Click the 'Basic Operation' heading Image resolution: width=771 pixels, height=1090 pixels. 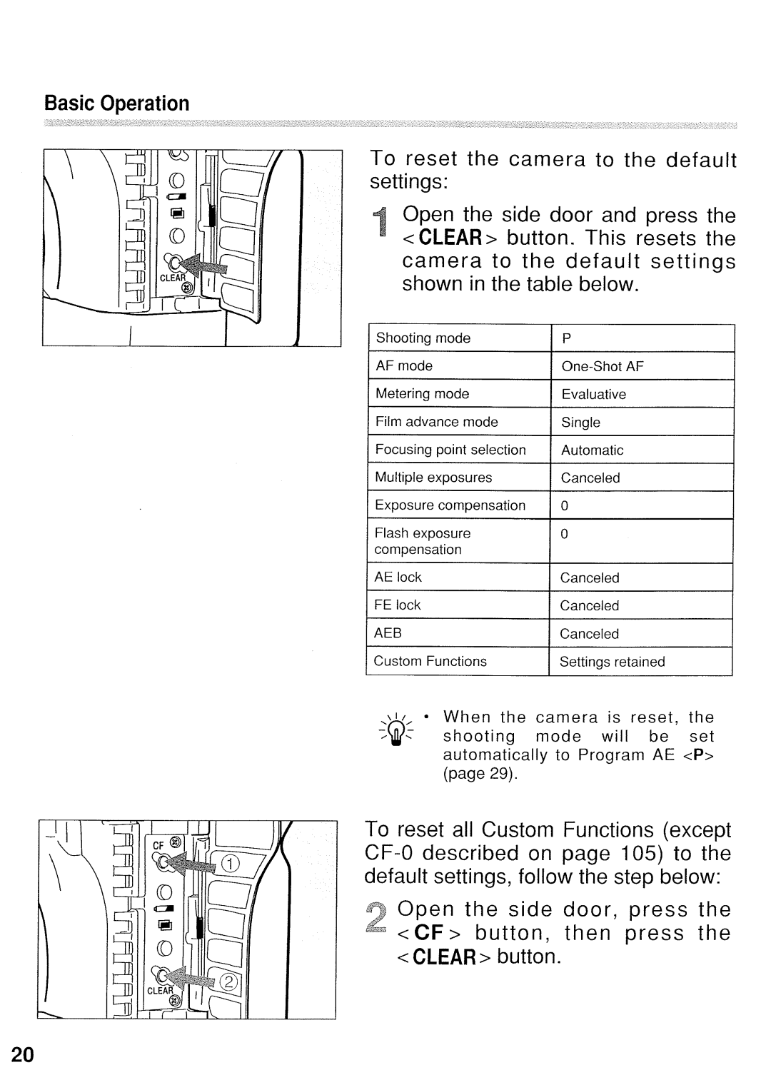(117, 104)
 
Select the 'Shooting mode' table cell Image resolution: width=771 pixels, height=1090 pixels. (423, 338)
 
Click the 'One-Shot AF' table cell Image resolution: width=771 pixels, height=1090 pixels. (603, 366)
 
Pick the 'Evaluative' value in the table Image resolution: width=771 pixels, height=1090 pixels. (593, 394)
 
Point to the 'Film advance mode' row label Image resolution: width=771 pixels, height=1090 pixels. (437, 422)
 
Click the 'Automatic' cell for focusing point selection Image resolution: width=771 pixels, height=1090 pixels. (592, 450)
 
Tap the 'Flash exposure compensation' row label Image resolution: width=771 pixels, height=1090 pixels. (423, 541)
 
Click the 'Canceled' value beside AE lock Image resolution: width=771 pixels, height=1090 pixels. (590, 577)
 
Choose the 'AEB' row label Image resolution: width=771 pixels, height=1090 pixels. (388, 633)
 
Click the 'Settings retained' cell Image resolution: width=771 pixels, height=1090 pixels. (612, 662)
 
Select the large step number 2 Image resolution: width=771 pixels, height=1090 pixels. (378, 922)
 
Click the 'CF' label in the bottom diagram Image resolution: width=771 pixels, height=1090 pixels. (158, 845)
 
